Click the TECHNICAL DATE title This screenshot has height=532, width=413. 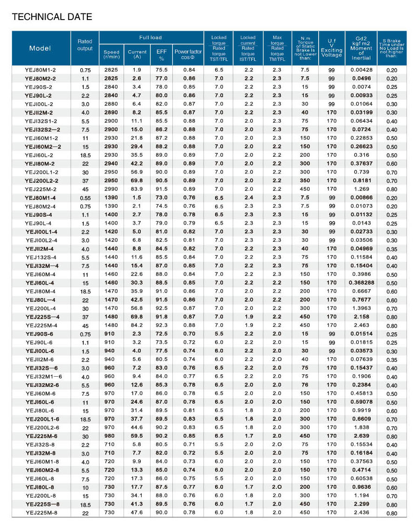tap(52, 17)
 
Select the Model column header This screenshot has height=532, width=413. tap(40, 48)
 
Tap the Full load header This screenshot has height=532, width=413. tap(151, 37)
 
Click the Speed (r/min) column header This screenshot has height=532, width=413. tap(111, 54)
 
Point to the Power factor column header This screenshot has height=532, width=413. tap(188, 54)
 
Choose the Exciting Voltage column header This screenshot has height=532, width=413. tap(331, 48)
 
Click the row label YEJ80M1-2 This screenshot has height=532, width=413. tap(41, 70)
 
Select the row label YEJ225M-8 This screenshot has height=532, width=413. tap(41, 512)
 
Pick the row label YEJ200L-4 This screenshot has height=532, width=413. tap(40, 308)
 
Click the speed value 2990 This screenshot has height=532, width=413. tap(111, 189)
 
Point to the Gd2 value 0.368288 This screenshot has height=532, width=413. tap(361, 283)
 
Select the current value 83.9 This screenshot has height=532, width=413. tap(137, 189)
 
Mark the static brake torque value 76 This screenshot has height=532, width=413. tap(305, 385)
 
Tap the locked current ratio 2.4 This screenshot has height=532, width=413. tap(249, 198)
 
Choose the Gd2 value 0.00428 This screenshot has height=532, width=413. tap(361, 70)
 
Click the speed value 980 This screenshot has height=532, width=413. tap(111, 436)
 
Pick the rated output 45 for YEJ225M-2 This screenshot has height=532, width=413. tap(85, 189)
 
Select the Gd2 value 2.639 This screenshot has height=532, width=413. tap(361, 436)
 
